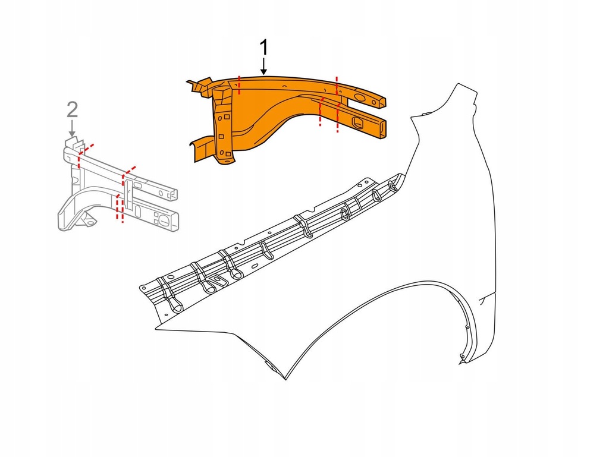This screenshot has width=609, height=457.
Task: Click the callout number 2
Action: (71, 109)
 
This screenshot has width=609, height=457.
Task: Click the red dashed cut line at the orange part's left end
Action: (239, 85)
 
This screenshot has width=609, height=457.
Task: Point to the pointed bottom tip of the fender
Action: (286, 379)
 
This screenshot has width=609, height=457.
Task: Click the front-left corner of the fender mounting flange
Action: (143, 288)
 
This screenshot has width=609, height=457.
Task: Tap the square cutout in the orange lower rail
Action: (359, 123)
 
